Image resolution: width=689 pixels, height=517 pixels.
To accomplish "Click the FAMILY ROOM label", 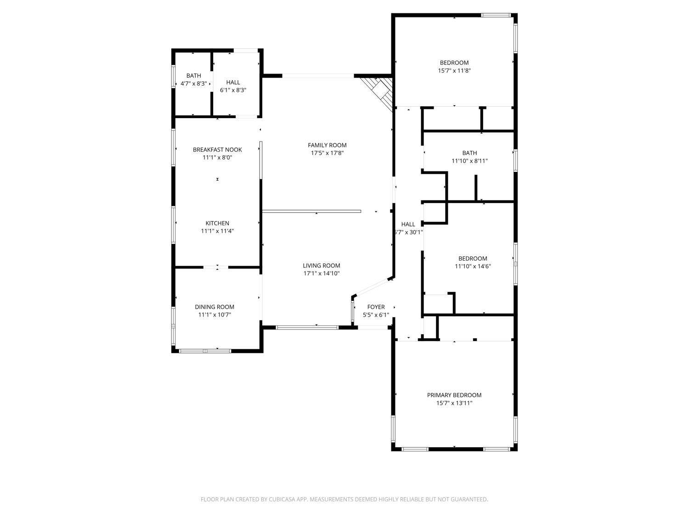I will (x=327, y=145).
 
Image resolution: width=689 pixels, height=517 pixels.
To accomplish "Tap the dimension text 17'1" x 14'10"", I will (x=322, y=273).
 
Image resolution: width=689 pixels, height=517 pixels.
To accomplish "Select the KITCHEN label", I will (x=217, y=223).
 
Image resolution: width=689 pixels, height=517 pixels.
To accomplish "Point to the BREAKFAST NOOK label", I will (x=217, y=149).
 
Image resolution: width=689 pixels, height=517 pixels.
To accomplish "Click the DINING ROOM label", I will (x=215, y=307).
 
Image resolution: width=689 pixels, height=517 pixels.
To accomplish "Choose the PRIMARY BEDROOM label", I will (x=454, y=395).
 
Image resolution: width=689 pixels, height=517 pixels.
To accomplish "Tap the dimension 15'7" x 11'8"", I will (x=454, y=71).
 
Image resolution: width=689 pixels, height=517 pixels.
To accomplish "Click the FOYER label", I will (x=376, y=307).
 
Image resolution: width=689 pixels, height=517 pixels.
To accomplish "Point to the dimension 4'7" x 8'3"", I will (x=193, y=84).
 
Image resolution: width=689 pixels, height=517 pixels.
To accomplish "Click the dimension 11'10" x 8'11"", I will (x=469, y=161).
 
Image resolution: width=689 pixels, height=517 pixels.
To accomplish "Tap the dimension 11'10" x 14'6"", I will (x=473, y=266).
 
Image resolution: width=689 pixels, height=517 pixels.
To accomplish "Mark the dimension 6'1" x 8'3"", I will (x=233, y=90).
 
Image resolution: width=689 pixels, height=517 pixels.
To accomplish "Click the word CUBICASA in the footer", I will (x=282, y=499).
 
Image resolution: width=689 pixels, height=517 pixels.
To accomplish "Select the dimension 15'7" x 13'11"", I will (x=454, y=403).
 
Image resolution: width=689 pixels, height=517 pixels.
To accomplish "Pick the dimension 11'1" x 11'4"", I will (x=217, y=231).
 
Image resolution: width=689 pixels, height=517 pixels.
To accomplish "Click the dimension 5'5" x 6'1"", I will (x=376, y=315).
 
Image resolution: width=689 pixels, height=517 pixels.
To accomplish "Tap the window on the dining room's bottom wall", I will (x=205, y=351).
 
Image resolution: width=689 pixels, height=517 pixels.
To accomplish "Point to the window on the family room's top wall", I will (x=318, y=76).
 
